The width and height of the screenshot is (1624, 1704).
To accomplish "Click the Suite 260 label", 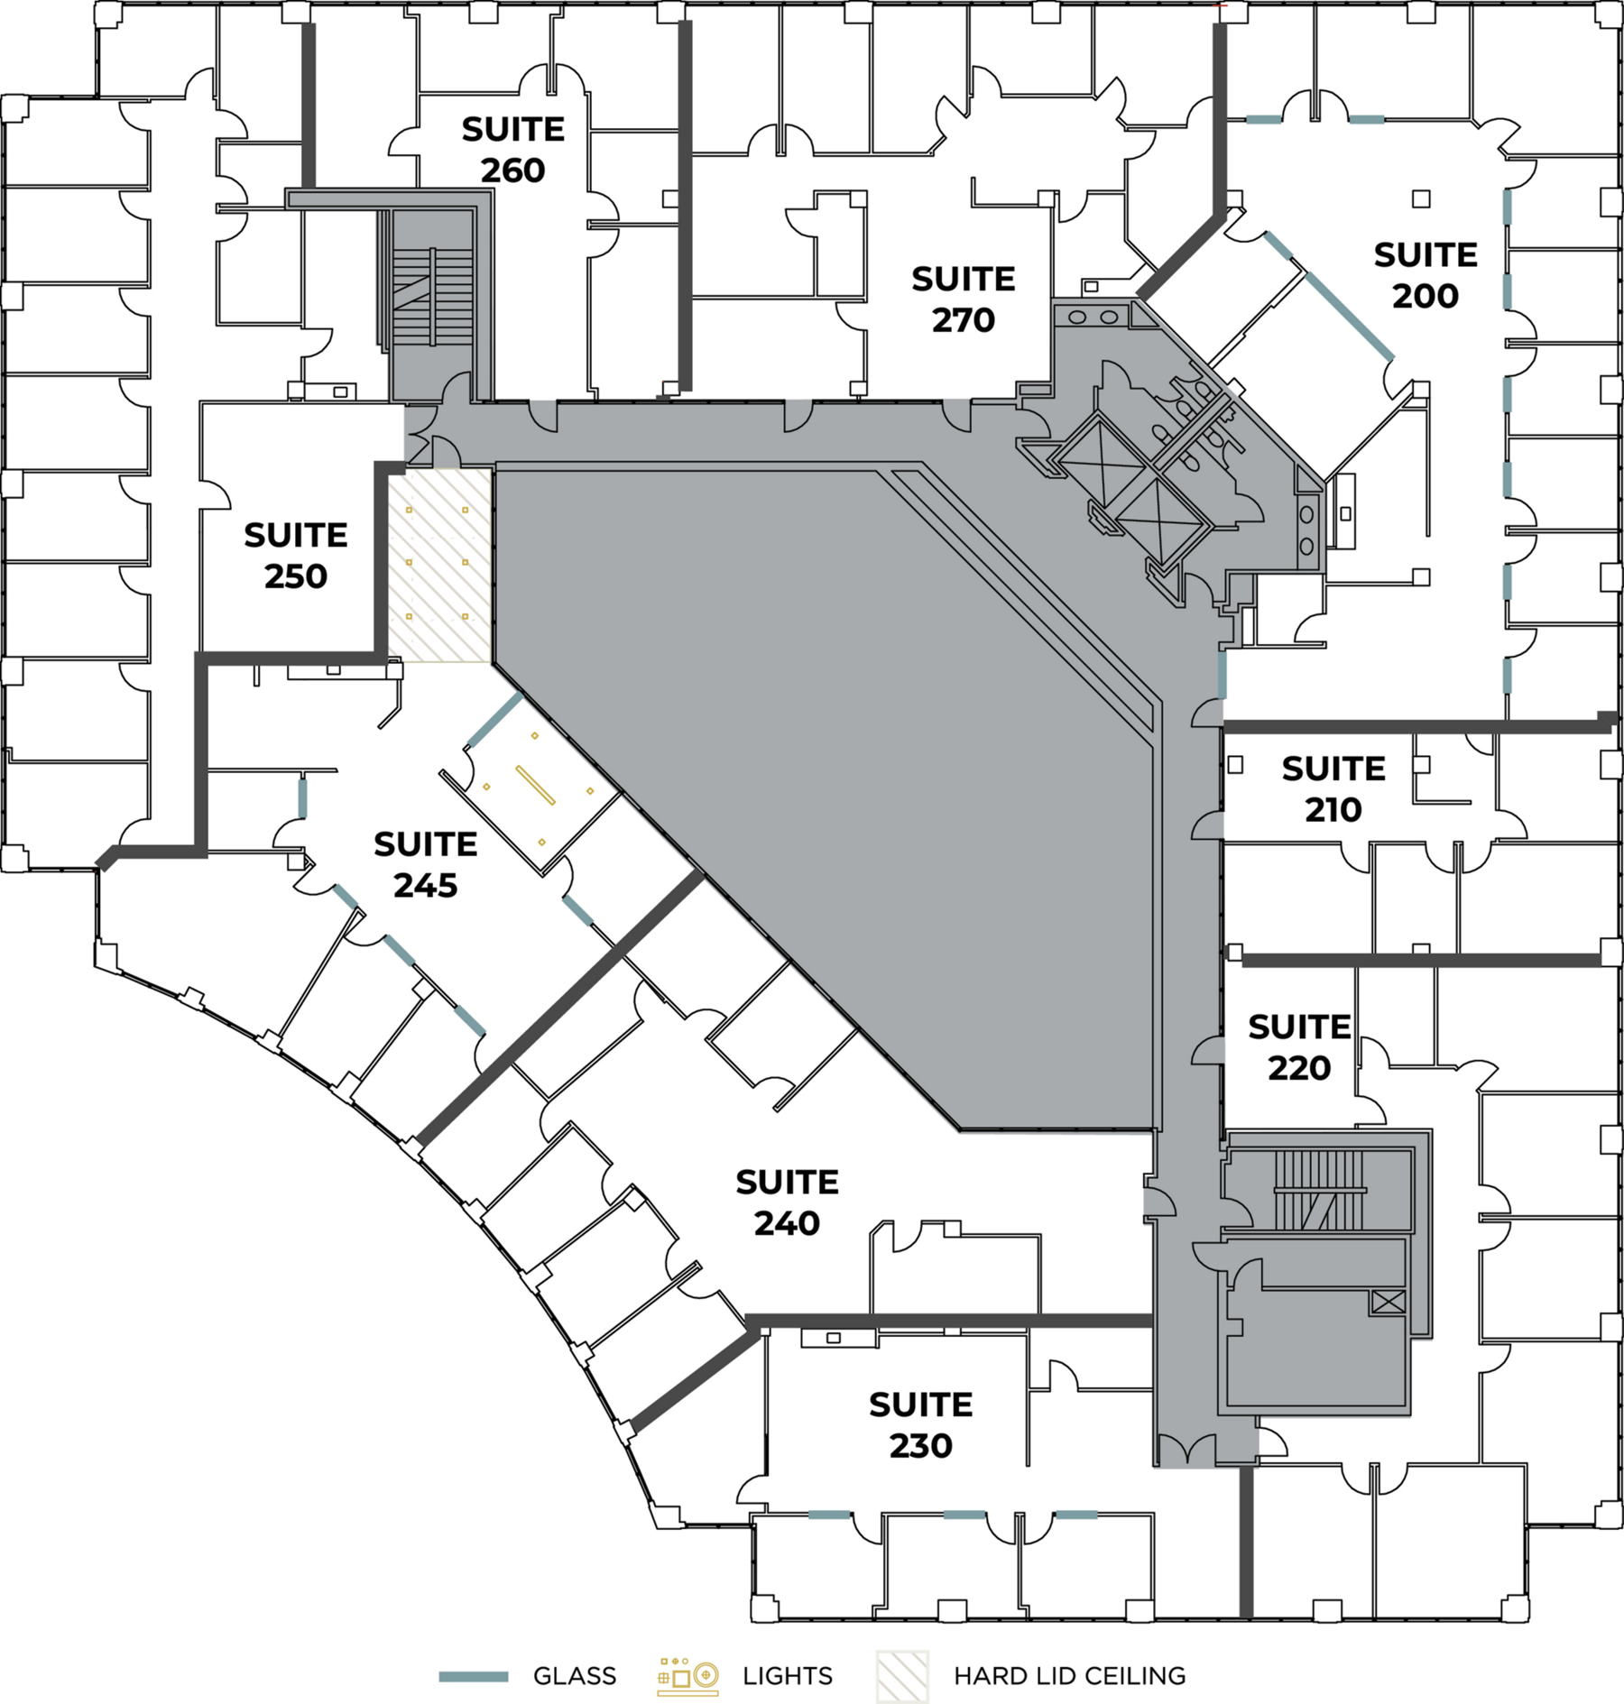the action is (512, 150).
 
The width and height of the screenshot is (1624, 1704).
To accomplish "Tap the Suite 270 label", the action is (963, 299).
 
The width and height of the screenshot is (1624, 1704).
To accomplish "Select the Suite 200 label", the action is (1426, 275).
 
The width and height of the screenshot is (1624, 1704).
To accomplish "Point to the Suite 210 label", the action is (1333, 789).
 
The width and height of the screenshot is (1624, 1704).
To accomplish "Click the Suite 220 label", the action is (1299, 1047).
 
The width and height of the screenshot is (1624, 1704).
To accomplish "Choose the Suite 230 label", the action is (920, 1425).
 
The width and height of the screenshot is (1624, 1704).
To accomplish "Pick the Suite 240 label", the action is (787, 1202).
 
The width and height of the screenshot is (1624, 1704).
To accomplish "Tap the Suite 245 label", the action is (425, 864).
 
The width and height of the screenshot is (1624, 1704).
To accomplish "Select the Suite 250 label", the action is (295, 556).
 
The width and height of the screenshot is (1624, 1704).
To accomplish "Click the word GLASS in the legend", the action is (574, 1676).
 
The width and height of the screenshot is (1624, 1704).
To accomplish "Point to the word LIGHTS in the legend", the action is (787, 1676).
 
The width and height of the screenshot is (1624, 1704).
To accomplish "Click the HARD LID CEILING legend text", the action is (1069, 1676).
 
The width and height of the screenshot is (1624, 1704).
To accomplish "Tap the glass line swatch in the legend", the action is (474, 1677).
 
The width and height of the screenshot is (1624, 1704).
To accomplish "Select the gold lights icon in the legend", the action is (687, 1676).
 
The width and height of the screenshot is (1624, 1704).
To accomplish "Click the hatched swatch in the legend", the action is (902, 1677).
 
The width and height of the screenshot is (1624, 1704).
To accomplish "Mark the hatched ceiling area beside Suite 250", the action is (440, 566).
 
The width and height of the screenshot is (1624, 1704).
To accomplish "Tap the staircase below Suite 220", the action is (1318, 1190).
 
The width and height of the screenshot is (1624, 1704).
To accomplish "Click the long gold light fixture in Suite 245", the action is (535, 785).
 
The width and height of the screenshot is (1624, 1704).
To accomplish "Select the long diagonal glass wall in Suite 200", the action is (1349, 315).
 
